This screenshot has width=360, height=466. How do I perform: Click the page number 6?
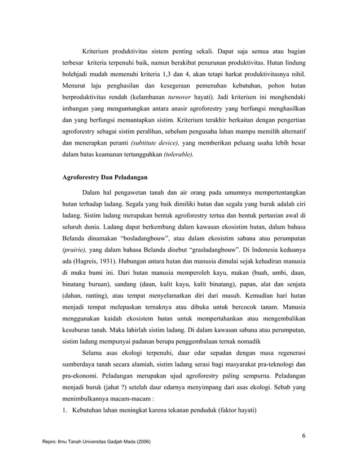(304, 435)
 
